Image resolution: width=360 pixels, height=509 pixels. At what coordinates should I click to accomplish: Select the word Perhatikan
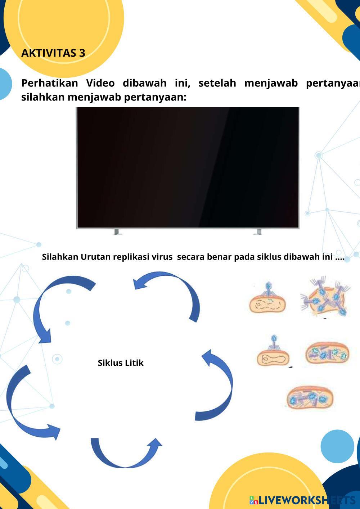pyautogui.click(x=49, y=83)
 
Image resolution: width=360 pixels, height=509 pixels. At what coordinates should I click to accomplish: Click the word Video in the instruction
pyautogui.click(x=100, y=83)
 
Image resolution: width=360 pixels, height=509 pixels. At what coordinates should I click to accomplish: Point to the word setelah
pyautogui.click(x=217, y=83)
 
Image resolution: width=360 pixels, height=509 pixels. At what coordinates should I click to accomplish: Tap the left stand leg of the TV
pyautogui.click(x=116, y=231)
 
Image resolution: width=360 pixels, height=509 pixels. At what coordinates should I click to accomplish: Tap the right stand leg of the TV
pyautogui.click(x=258, y=231)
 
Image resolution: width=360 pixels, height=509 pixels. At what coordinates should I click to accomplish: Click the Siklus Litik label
pyautogui.click(x=121, y=363)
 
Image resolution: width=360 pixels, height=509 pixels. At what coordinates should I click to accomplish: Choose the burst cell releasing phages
pyautogui.click(x=325, y=297)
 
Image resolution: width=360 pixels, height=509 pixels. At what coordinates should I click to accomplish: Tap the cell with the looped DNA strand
pyautogui.click(x=273, y=358)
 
